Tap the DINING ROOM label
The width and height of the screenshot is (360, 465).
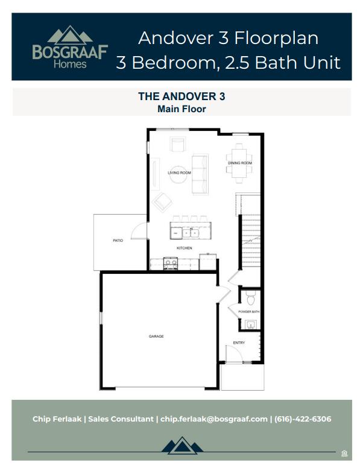coord(239,163)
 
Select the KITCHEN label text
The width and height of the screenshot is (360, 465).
coord(184,248)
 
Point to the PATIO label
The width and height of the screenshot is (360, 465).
coord(118,241)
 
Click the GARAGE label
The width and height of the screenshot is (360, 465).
coord(156,336)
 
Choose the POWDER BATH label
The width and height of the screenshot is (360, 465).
coord(248,312)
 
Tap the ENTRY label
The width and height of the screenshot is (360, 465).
coord(239,343)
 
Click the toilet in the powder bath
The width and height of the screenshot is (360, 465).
coord(250,297)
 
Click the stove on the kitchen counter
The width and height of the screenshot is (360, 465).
coord(171,262)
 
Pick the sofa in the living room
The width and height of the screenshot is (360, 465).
coord(199,174)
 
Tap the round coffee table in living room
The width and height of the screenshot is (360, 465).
coord(177,173)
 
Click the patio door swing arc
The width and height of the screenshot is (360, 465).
coord(137,231)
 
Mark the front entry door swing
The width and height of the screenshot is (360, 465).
coord(233,355)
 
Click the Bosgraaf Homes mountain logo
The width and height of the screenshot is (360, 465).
coord(70,36)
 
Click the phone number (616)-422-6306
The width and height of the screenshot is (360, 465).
coord(303,419)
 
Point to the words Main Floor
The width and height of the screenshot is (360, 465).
coord(182,109)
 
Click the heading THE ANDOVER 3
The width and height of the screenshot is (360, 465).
coord(182,96)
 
